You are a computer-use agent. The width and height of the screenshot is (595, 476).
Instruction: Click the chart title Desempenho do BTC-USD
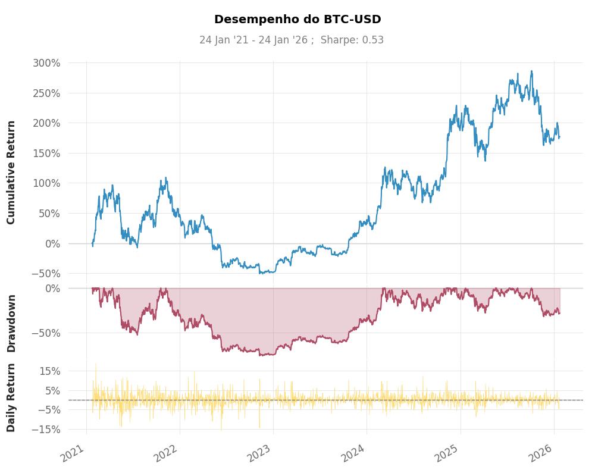(x=297, y=19)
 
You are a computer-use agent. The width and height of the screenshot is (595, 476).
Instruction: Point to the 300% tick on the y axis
(x=47, y=63)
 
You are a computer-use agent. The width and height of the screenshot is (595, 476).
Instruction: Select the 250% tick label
(x=47, y=93)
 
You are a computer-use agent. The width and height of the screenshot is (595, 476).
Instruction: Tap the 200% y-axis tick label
(x=47, y=123)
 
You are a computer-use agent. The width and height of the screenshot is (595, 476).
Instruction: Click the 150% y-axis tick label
(x=47, y=154)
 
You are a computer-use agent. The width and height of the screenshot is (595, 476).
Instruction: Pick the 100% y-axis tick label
(x=47, y=183)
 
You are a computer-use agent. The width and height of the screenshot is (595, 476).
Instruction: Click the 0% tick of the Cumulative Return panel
(x=53, y=243)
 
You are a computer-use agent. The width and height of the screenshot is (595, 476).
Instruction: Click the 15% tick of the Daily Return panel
(x=49, y=371)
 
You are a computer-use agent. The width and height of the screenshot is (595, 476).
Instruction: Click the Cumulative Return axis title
(x=11, y=173)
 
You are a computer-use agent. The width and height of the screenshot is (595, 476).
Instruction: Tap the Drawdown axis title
(x=11, y=323)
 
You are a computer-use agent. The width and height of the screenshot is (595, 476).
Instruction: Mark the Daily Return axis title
(x=11, y=397)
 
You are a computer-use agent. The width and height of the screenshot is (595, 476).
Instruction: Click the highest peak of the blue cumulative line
(x=531, y=71)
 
